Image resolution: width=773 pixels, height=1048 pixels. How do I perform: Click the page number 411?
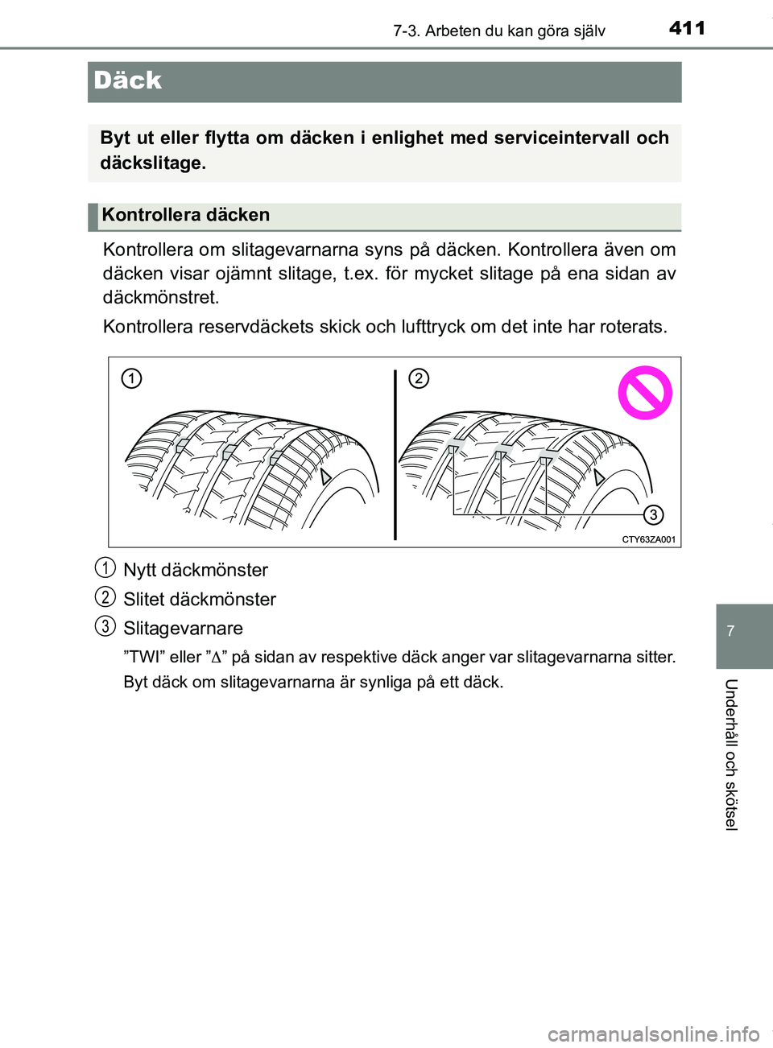point(687,28)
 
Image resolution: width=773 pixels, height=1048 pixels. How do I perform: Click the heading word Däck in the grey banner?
point(127,80)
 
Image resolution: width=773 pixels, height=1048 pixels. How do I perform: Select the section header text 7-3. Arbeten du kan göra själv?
point(498,31)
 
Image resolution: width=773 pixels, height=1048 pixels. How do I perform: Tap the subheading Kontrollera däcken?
point(185,215)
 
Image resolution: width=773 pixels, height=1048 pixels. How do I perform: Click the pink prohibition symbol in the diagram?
point(644,393)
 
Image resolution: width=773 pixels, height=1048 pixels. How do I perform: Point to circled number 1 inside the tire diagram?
point(132,378)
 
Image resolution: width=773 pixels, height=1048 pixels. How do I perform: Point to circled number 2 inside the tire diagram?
point(419,378)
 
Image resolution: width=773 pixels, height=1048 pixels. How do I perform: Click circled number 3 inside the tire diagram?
point(653,514)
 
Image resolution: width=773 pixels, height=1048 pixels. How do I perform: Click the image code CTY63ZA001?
point(648,539)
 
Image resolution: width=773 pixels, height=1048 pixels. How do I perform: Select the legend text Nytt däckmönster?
point(196,570)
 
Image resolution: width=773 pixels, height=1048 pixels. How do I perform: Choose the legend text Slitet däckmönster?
point(200,599)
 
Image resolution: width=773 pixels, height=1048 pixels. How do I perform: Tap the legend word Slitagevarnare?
point(183,628)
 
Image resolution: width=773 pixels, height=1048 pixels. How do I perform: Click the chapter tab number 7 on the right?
point(730,631)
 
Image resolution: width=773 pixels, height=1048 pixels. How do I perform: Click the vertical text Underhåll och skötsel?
point(730,754)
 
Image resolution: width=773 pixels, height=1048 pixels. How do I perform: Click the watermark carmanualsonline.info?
point(653,1034)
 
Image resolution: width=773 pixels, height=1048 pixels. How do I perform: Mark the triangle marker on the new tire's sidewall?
point(325,477)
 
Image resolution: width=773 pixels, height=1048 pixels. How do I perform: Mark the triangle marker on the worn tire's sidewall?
point(598,477)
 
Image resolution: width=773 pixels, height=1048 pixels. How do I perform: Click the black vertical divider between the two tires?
point(395,455)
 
